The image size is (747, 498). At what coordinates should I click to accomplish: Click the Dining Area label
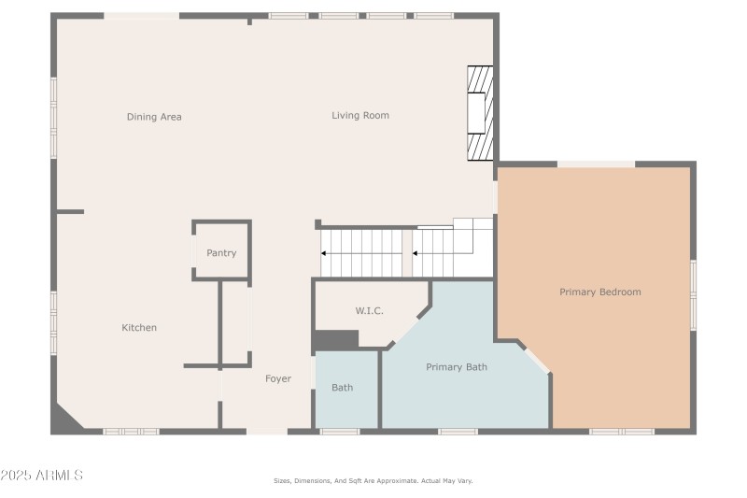tap(154, 117)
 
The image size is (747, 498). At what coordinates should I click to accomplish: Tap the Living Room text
tap(359, 116)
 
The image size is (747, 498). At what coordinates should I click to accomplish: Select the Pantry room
tap(221, 252)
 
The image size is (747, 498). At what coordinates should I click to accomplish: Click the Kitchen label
tap(139, 328)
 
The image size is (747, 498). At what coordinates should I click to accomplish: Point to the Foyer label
tap(278, 378)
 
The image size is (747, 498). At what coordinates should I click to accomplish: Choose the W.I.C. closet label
tap(369, 311)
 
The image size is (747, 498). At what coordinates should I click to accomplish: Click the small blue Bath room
tap(343, 388)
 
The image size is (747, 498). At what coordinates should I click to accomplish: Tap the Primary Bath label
tap(457, 367)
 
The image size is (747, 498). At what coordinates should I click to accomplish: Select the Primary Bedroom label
tap(600, 292)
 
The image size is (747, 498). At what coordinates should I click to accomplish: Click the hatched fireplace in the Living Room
tap(480, 113)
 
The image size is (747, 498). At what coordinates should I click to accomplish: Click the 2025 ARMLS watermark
tap(41, 476)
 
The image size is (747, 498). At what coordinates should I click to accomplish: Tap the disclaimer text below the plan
tap(373, 480)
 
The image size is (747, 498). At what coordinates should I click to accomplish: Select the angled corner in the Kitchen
tap(66, 418)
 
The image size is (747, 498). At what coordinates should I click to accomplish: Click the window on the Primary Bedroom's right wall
tap(693, 294)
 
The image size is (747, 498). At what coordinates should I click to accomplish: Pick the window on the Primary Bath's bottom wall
tap(458, 431)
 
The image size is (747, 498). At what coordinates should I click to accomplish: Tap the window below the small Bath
tap(339, 431)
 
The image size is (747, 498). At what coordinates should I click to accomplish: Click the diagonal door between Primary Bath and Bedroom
tap(535, 360)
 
